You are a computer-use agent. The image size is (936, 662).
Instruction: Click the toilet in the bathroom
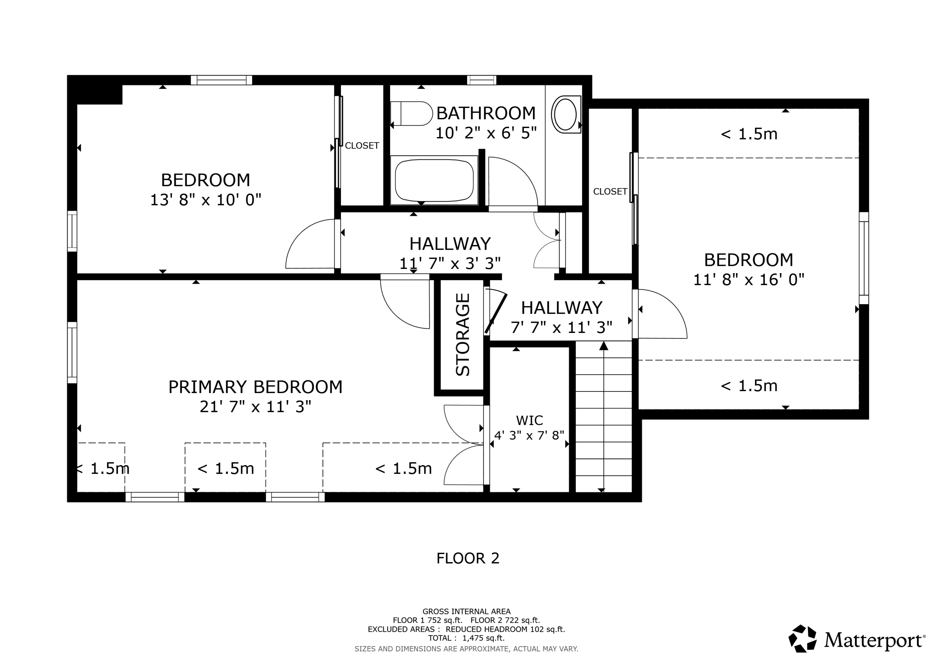[412, 113]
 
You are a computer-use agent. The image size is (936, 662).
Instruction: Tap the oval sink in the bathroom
[565, 114]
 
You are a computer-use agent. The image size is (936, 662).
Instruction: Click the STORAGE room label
[463, 335]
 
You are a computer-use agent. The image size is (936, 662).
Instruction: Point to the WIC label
[529, 420]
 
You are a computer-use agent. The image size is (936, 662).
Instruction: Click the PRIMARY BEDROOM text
[255, 387]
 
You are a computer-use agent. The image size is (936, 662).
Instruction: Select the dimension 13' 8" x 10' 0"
[206, 200]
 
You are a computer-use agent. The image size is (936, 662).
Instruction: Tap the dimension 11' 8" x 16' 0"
[748, 280]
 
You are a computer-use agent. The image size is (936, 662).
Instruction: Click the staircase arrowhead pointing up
[604, 346]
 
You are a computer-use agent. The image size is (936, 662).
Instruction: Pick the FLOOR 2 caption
[468, 558]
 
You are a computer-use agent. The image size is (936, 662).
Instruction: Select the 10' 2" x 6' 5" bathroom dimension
[486, 133]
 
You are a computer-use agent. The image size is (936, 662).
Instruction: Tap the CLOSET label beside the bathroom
[362, 146]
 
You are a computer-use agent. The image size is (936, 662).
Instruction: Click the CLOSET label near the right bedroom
[610, 191]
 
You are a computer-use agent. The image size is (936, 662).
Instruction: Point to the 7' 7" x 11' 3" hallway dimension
[561, 327]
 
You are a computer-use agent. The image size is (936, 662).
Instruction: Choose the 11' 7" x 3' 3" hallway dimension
[450, 263]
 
